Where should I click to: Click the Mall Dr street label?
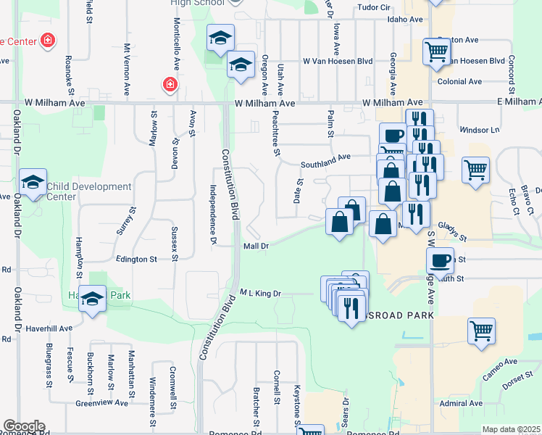tap(256, 246)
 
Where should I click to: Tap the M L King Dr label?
tap(260, 293)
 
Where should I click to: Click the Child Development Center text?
tap(89, 191)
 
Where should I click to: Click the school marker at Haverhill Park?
tap(93, 300)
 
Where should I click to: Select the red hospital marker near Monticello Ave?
tap(170, 86)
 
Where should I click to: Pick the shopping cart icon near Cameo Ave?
tap(481, 331)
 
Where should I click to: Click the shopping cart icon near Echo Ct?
tap(475, 170)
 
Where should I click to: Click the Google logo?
tap(24, 426)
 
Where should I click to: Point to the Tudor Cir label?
tap(375, 8)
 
